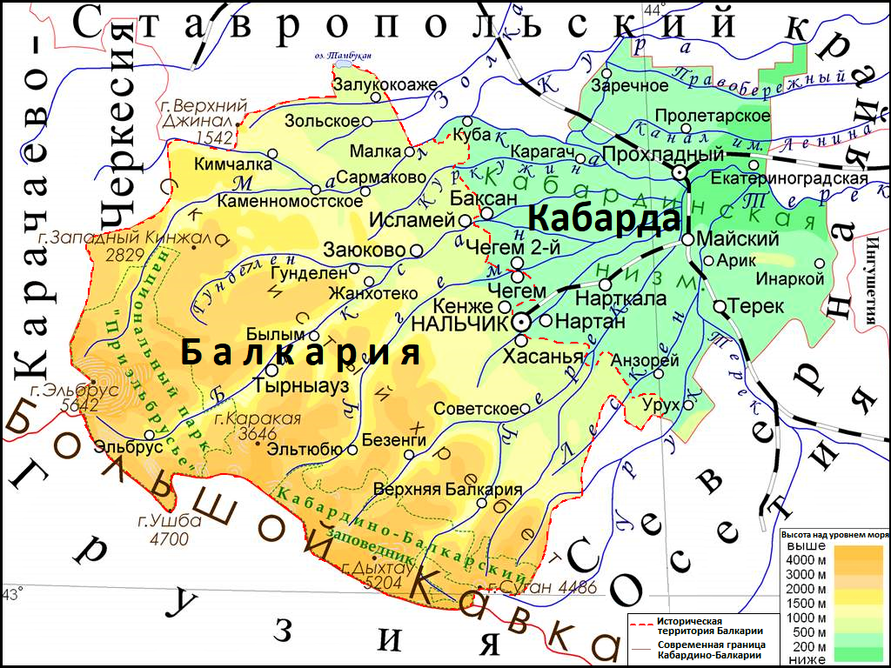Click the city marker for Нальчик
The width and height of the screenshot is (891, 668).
click(521, 322)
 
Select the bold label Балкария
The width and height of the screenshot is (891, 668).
click(300, 353)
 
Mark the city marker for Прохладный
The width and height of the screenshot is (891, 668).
click(679, 173)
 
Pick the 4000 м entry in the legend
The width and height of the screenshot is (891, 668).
click(805, 559)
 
